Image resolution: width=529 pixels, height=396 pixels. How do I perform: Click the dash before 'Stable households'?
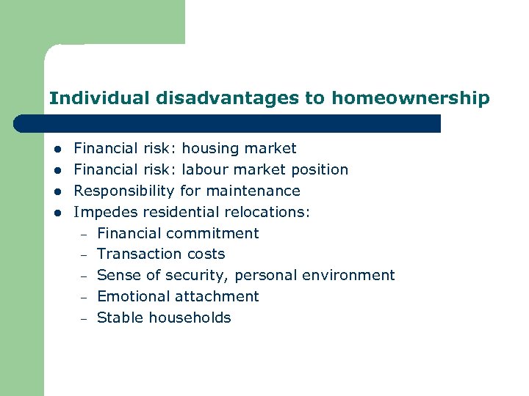84,319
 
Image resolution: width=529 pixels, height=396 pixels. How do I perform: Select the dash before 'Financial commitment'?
84,235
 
